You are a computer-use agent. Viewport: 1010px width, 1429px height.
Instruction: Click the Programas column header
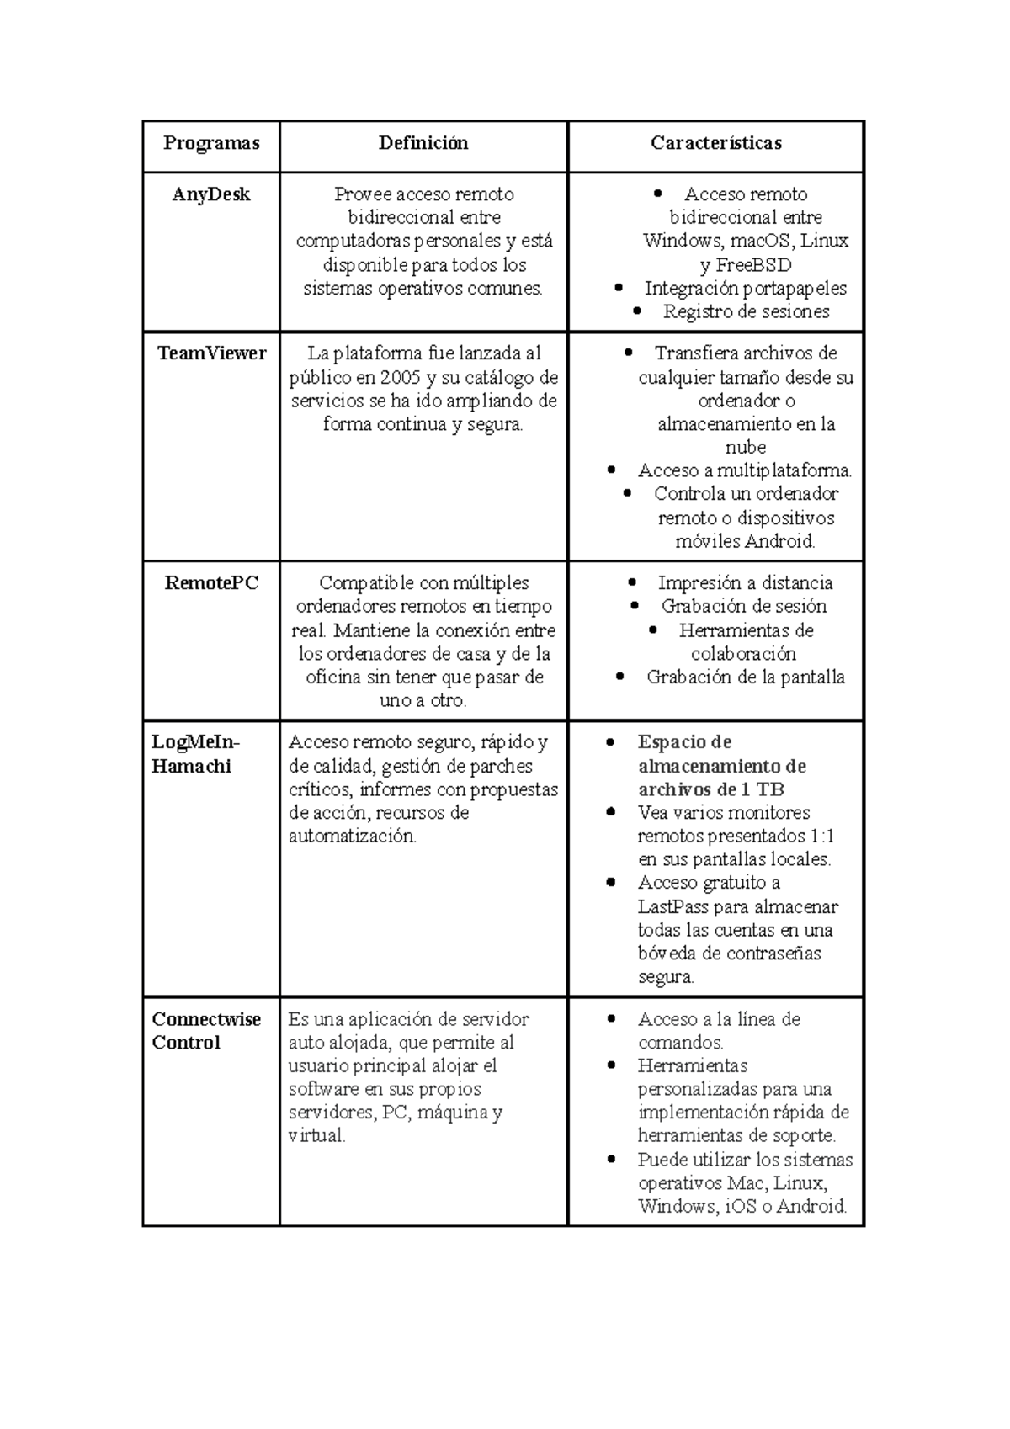[210, 143]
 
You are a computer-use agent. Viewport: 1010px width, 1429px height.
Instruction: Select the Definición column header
[423, 143]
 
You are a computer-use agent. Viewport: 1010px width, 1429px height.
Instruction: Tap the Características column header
[715, 143]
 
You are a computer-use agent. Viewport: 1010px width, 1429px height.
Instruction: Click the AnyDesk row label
[210, 194]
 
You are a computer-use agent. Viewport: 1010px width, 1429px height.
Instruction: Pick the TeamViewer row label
[211, 353]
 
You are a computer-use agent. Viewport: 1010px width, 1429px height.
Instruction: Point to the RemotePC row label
[211, 583]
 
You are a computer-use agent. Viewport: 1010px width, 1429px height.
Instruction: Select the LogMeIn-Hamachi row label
[194, 754]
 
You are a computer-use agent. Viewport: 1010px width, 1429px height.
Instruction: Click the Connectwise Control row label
[206, 1031]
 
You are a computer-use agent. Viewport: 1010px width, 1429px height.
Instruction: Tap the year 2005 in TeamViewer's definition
[399, 377]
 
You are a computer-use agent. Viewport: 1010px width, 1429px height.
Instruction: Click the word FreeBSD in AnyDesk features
[753, 265]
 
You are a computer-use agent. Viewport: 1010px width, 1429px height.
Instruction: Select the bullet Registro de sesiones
[746, 312]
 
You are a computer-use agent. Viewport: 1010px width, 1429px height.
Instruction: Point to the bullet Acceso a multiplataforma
[745, 470]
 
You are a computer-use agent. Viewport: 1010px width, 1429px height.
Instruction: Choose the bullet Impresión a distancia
[745, 583]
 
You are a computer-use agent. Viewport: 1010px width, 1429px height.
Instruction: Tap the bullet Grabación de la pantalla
[745, 677]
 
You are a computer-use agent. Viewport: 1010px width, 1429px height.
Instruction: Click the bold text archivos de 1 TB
[711, 789]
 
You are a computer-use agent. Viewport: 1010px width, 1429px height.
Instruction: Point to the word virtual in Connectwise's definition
[316, 1136]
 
